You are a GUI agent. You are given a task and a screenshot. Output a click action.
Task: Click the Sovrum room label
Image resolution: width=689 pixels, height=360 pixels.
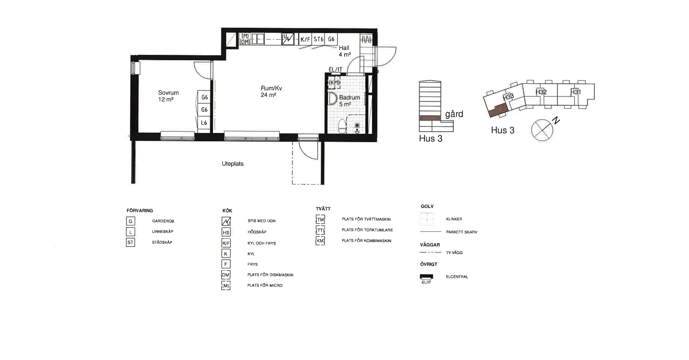coord(168,93)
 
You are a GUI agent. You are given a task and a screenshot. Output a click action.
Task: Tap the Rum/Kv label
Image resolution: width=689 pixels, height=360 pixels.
coord(271,88)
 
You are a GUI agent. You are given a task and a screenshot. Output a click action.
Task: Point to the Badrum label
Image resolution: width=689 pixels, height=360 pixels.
coord(349,97)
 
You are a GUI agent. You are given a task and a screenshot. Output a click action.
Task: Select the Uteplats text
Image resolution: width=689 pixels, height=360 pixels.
coord(233,164)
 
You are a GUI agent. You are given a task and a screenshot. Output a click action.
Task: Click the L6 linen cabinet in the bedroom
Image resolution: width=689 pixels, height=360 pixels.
coord(204,123)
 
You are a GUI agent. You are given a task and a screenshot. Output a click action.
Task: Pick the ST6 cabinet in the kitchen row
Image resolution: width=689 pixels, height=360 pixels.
coord(318,39)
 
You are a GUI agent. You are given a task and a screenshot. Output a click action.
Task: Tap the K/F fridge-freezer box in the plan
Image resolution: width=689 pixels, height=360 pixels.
coord(305,39)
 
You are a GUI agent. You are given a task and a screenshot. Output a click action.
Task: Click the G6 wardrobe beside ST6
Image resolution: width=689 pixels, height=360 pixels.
coord(331,39)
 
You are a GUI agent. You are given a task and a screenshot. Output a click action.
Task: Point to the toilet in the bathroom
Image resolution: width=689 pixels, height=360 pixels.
coord(343,126)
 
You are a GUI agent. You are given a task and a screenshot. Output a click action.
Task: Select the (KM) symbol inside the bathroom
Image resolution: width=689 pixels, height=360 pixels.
coord(334,82)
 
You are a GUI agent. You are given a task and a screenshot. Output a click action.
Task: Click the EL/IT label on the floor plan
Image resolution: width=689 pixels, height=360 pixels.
coord(335,69)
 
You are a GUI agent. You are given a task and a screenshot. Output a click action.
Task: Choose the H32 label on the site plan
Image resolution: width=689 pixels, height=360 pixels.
coord(541,92)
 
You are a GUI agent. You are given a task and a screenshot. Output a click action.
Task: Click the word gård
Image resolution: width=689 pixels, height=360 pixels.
coord(454,114)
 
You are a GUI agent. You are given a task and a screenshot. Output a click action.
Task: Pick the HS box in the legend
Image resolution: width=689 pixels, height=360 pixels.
coord(226,232)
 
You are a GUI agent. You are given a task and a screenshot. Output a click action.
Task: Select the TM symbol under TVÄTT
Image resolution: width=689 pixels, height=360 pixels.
coord(320,219)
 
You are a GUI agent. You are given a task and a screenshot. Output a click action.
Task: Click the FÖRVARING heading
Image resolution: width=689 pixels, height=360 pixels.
coord(139,210)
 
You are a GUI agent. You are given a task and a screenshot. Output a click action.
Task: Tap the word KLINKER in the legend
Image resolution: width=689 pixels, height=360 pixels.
coord(454,219)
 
